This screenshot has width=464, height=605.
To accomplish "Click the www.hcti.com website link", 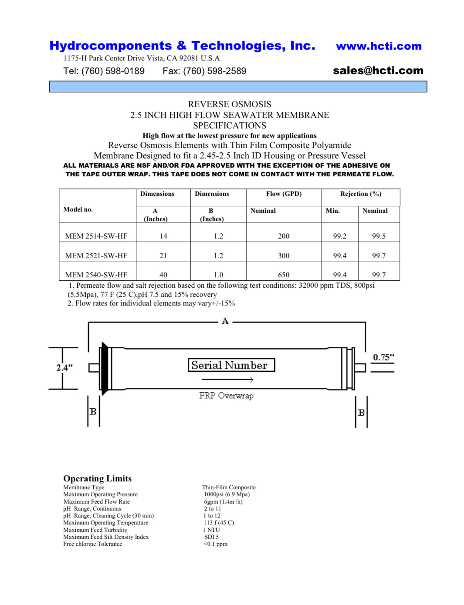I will pos(379,46).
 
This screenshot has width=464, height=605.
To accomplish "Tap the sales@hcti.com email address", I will pos(378,71).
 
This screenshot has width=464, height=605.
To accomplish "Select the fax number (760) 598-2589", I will pos(204,71).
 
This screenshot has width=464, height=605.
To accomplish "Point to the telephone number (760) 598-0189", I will pos(104,71).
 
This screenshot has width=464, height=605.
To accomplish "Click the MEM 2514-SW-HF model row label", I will pos(96,236).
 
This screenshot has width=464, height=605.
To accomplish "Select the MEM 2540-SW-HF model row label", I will pos(96,275).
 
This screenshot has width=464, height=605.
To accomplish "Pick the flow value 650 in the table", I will pos(284,275).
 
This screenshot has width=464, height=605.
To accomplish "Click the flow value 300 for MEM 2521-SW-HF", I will pos(284,255).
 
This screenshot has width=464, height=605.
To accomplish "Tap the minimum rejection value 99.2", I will pos(339,236).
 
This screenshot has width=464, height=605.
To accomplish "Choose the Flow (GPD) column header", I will pos(284,194).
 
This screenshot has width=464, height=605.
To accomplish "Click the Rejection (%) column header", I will pos(360,194).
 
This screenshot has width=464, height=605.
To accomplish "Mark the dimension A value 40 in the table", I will pos(163,275).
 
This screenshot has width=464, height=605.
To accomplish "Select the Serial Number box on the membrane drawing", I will pos(231,365).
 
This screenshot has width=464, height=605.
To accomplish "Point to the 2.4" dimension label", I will pos(64,367).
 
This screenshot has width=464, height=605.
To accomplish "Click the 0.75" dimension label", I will pos(383,357).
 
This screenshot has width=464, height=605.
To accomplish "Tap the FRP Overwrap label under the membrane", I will pos(226,395).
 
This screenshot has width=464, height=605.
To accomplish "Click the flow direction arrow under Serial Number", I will pos(227,380).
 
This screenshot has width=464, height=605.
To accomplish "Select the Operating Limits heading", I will pos(97,478).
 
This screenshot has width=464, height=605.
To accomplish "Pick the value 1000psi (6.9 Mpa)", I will pos(227,494).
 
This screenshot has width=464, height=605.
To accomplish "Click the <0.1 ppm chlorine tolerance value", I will pos(215,544).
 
